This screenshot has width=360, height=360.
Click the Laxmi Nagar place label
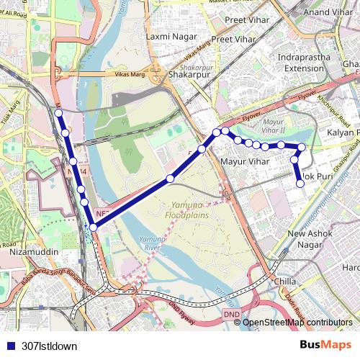point(167,35)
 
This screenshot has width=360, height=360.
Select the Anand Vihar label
point(327,12)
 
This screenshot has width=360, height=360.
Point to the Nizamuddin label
point(33,253)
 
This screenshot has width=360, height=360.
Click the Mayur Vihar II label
point(273,125)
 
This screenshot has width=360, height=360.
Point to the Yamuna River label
point(152,243)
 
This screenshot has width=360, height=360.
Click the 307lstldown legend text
point(50,346)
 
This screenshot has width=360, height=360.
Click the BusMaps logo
point(326,346)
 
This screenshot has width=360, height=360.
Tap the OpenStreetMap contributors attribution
point(297,323)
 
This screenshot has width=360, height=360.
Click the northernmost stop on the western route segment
point(58,113)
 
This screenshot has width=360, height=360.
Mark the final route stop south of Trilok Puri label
point(300,184)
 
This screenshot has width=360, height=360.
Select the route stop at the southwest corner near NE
point(93,228)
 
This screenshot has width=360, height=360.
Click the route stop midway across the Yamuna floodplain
point(171,178)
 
